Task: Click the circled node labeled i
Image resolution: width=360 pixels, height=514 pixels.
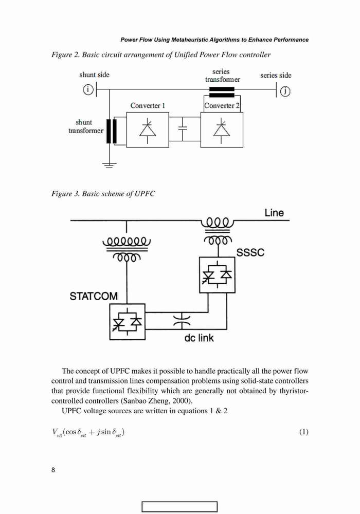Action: pos(88,89)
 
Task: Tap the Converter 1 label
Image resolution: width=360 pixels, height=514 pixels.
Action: pos(148,105)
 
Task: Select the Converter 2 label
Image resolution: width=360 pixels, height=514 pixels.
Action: pos(222,105)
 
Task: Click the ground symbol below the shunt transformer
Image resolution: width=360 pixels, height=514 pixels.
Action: pos(109,165)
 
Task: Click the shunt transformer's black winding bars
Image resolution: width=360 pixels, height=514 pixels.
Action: pos(112,131)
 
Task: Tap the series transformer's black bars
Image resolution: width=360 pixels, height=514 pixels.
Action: pos(222,92)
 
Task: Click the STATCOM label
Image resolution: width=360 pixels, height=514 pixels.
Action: pos(94,296)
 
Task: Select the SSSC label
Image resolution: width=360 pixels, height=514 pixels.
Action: pos(250,252)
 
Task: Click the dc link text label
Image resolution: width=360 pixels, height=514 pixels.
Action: pos(199,338)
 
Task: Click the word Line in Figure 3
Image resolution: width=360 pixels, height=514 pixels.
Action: pos(274,213)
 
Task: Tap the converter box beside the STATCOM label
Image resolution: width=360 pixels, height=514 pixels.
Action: pos(127,322)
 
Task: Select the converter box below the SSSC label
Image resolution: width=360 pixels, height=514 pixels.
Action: pos(217,274)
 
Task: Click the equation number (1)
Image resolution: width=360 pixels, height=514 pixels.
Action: pos(303,432)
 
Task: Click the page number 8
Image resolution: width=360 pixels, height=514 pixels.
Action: pos(53,470)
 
